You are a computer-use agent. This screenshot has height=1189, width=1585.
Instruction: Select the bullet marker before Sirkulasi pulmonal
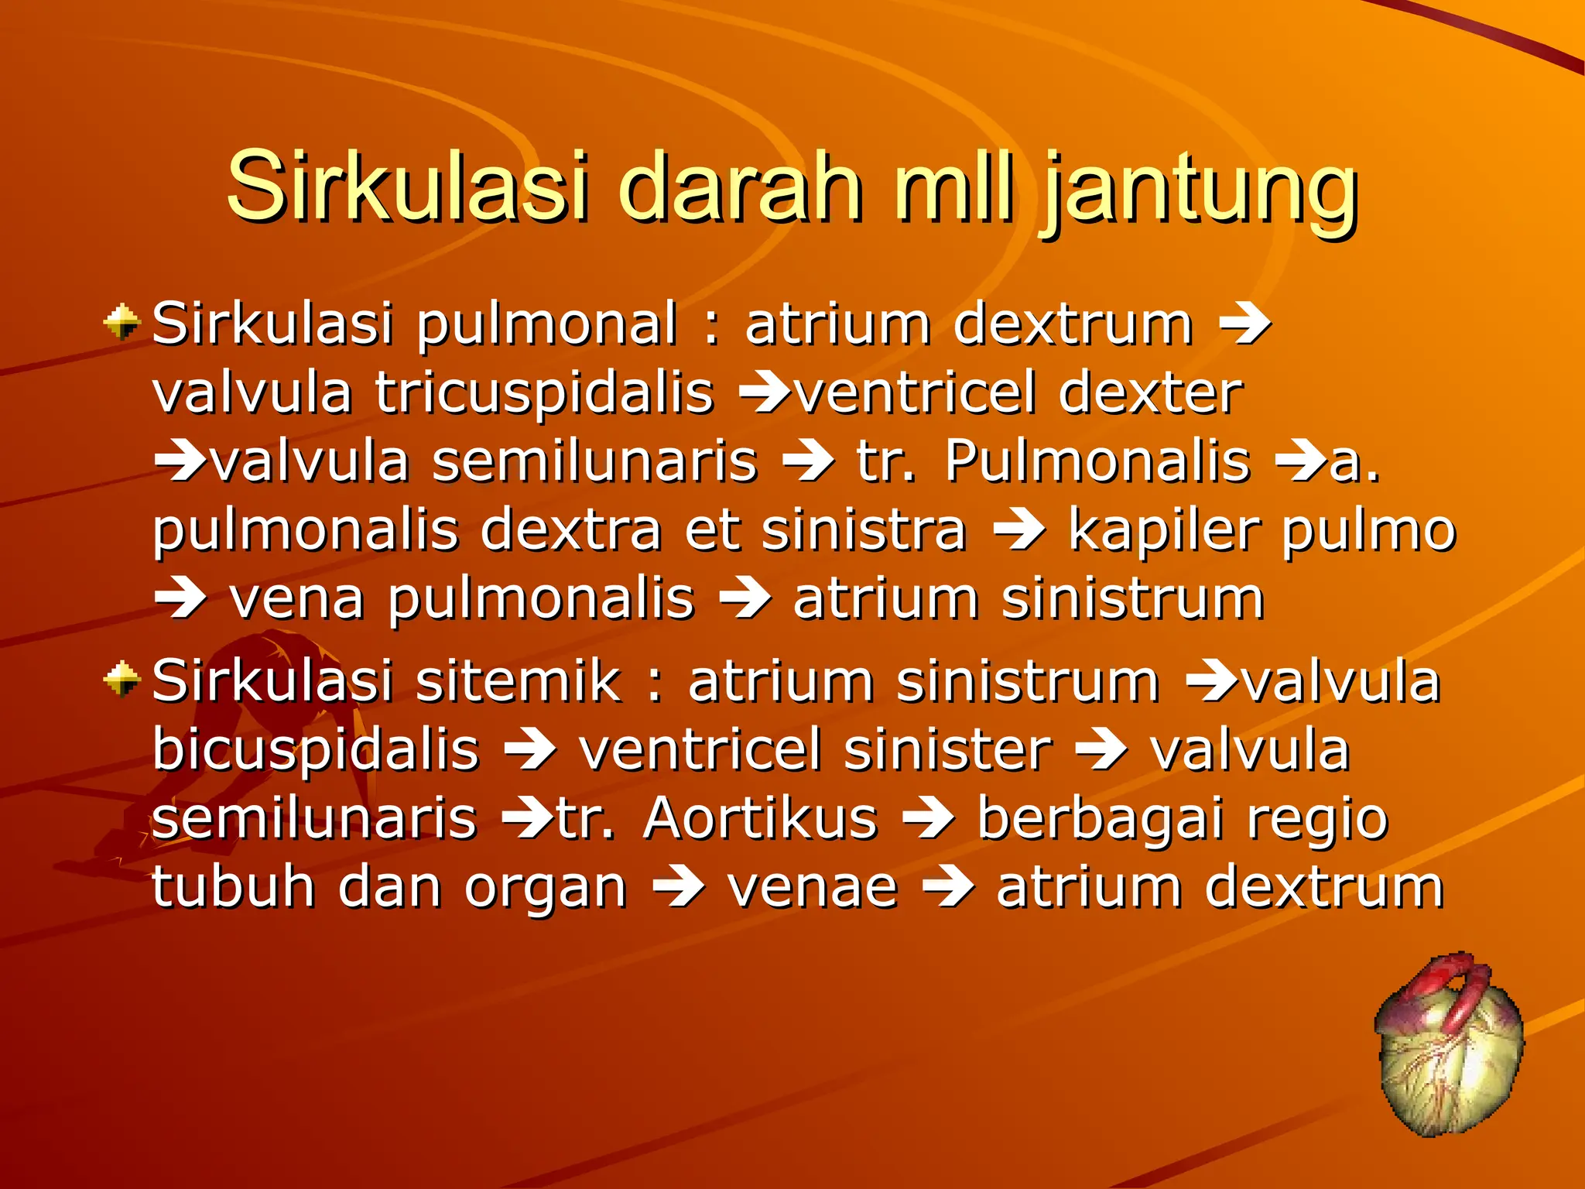pyautogui.click(x=122, y=322)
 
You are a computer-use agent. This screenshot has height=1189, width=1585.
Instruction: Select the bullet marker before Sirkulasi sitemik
pyautogui.click(x=122, y=680)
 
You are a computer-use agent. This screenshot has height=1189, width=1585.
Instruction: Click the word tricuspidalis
pyautogui.click(x=544, y=393)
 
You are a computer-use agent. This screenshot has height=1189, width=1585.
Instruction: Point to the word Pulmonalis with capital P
pyautogui.click(x=1097, y=461)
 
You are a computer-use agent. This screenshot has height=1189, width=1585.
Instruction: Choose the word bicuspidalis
pyautogui.click(x=316, y=749)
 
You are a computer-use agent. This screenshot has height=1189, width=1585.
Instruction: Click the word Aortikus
pyautogui.click(x=760, y=818)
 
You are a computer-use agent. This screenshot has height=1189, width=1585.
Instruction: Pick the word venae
pyautogui.click(x=813, y=887)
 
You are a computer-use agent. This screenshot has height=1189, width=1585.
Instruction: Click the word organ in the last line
pyautogui.click(x=545, y=889)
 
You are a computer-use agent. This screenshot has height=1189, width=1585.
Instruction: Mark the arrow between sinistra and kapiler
pyautogui.click(x=1018, y=531)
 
